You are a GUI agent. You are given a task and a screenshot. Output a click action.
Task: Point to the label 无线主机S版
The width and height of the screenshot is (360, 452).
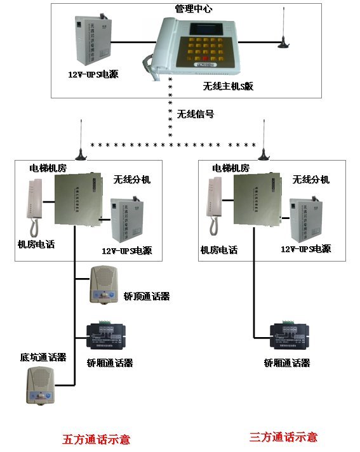pos(228,86)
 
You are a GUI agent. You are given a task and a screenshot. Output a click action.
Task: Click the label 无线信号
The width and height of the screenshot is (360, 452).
pos(196,115)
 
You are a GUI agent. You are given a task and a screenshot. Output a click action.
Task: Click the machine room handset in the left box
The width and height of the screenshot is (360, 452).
pos(32,206)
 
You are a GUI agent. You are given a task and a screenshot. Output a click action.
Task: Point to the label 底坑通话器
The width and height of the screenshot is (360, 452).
pos(43,357)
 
